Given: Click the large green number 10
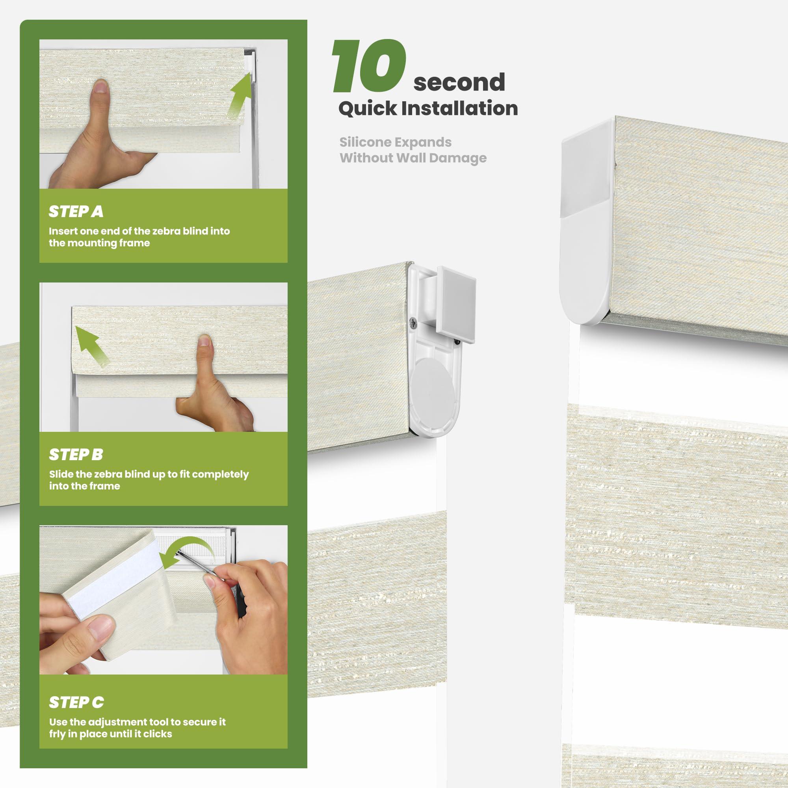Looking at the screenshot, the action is pyautogui.click(x=369, y=66).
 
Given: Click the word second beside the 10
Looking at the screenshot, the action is pyautogui.click(x=459, y=82).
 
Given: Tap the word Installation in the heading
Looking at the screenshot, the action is pyautogui.click(x=460, y=108).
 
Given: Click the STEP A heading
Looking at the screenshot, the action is pyautogui.click(x=76, y=211).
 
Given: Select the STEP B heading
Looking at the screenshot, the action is pyautogui.click(x=76, y=454).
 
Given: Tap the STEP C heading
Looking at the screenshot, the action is pyautogui.click(x=76, y=702).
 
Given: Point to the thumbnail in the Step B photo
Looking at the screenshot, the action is pyautogui.click(x=205, y=342).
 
